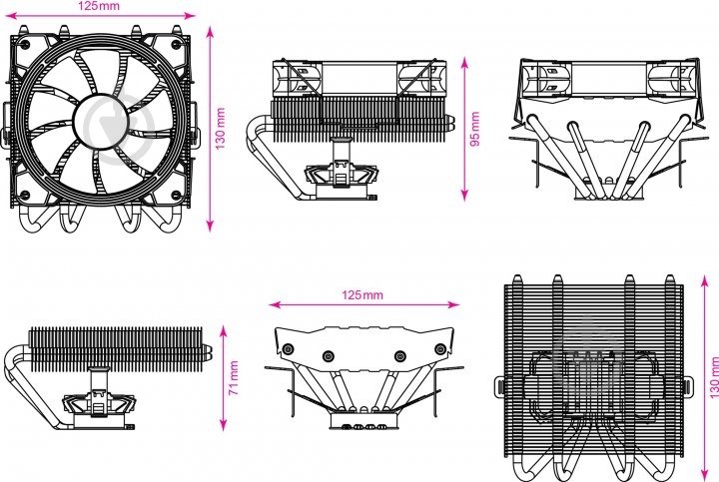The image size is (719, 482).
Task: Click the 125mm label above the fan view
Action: pos(99,6)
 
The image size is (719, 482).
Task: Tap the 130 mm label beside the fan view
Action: pos(221,129)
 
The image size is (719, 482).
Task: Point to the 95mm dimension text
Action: pos(475,129)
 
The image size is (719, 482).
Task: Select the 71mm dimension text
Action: pos(234,378)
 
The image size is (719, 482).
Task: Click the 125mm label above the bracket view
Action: pos(362,294)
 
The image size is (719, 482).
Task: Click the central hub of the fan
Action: pos(100,122)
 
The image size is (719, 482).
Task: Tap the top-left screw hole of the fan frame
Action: pos(25,45)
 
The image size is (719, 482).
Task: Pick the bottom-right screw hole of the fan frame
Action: pos(176,196)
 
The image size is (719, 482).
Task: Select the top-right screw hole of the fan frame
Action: pos(176,45)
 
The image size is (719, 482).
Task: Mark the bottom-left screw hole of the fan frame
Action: pos(25,196)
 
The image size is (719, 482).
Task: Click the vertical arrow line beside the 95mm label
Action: pos(464,129)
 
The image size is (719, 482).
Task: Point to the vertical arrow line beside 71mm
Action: pos(224,378)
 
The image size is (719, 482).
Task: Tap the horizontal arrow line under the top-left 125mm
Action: pos(100,16)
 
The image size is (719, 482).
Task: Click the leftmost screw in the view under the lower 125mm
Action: pos(289,349)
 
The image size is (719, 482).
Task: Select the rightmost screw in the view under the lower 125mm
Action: pos(439,349)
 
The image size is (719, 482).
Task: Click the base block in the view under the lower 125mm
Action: pos(363,420)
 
